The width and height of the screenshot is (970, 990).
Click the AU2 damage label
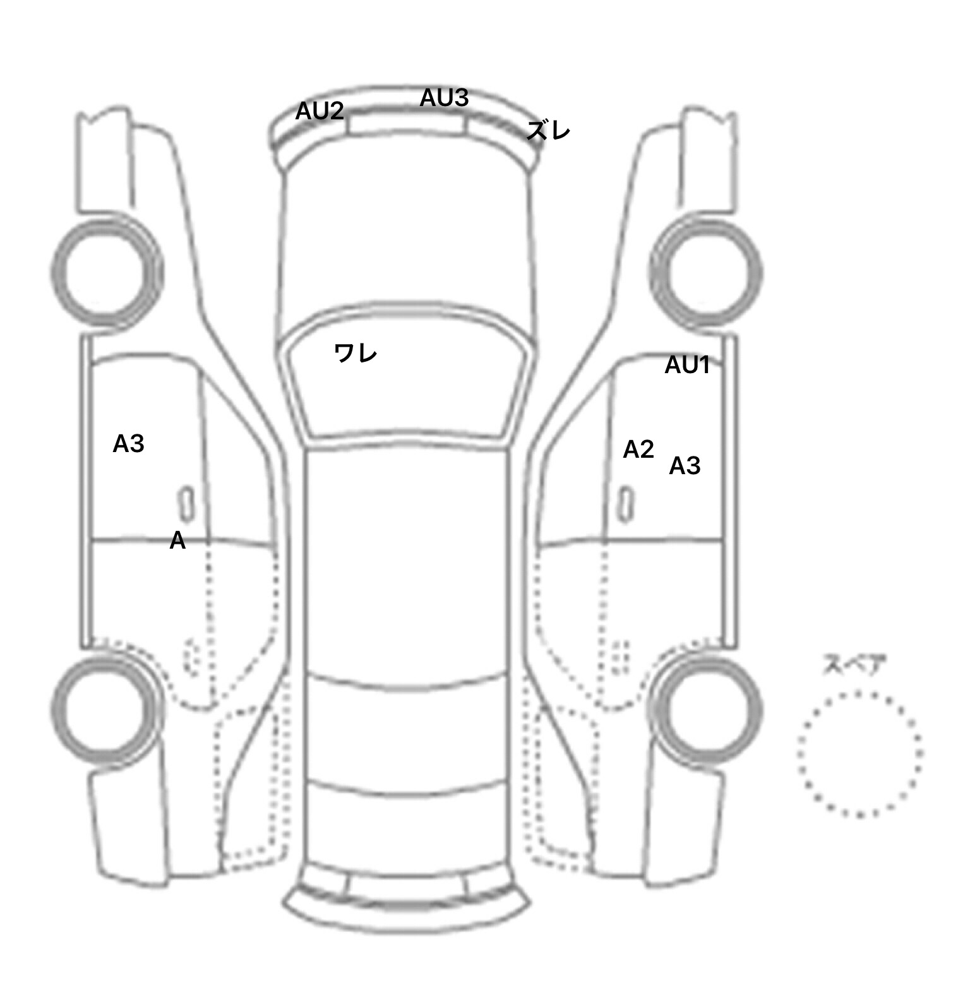[320, 112]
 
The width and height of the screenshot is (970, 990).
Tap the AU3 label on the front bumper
[444, 98]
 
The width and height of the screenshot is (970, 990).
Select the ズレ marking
[548, 131]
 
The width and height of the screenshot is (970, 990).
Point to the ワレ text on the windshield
[356, 353]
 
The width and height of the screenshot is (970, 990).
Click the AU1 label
[687, 365]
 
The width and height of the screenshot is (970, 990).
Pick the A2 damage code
[638, 450]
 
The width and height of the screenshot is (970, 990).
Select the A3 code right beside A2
[685, 466]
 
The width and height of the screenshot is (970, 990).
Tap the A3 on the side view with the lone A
[128, 444]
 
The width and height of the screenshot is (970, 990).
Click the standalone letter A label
[177, 540]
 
